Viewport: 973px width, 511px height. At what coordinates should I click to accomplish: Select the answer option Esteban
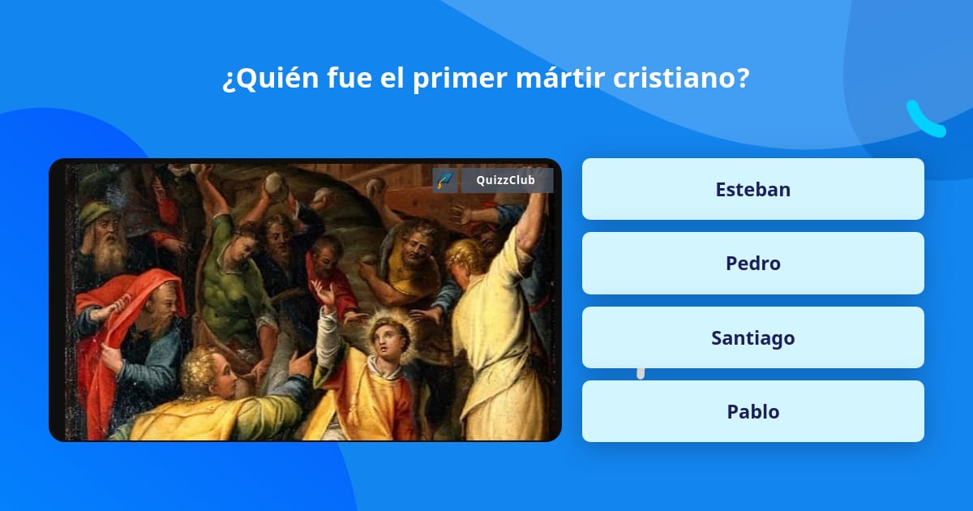(752, 189)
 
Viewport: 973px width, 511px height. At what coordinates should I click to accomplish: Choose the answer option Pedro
(752, 263)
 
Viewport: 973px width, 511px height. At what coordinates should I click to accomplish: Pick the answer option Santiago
(752, 337)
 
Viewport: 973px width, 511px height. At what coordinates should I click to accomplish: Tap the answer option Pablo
(752, 411)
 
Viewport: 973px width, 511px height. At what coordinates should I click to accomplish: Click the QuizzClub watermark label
(505, 180)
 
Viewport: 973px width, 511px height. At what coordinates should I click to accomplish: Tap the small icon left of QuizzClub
(444, 180)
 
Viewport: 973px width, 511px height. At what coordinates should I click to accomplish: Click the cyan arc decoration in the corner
(925, 120)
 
